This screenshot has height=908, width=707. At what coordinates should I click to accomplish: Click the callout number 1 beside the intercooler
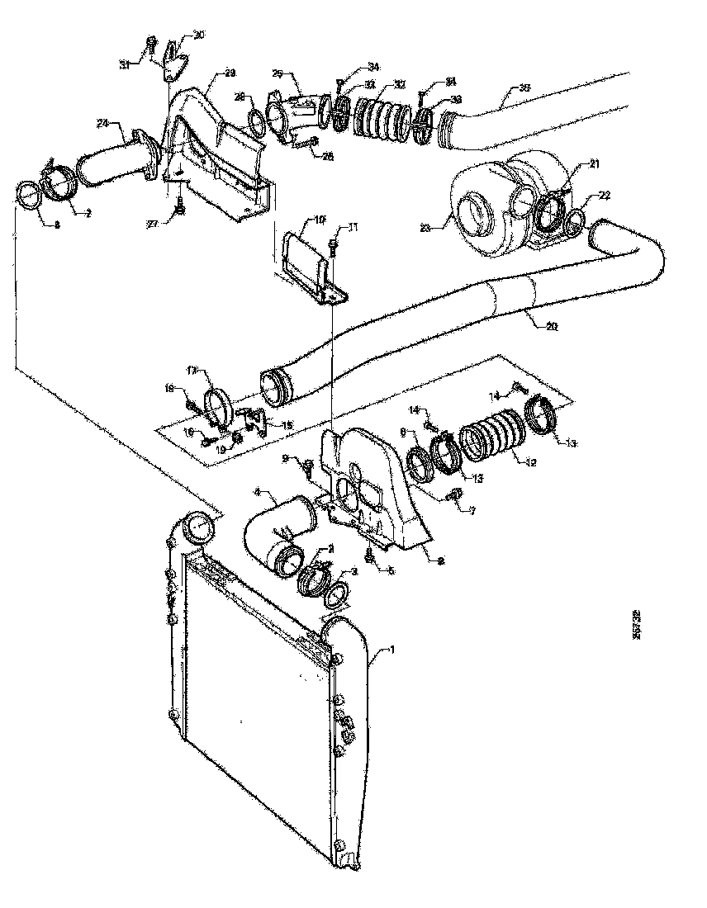392,650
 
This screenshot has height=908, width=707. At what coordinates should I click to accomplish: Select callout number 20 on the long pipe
552,326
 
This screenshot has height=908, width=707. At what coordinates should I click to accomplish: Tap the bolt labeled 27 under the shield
179,212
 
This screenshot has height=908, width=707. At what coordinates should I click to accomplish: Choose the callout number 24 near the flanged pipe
102,124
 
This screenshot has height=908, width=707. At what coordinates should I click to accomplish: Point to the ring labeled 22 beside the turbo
577,220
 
